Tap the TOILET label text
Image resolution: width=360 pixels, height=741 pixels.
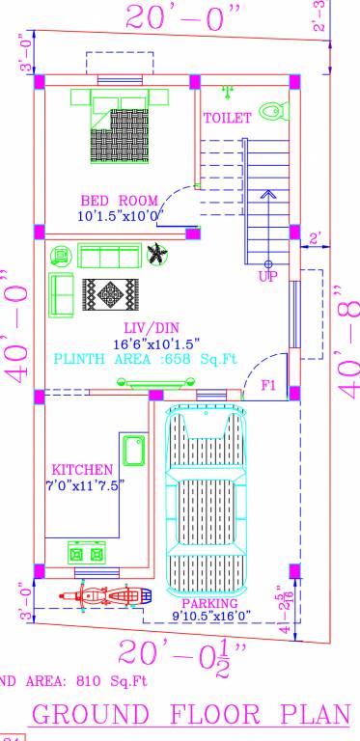click(227, 118)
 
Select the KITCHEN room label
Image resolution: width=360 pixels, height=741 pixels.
click(76, 469)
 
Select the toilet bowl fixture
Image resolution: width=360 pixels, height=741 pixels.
click(273, 112)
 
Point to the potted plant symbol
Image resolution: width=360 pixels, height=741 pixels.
click(156, 255)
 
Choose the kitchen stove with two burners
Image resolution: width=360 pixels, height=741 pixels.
click(84, 553)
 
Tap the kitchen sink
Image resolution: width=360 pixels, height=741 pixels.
click(133, 453)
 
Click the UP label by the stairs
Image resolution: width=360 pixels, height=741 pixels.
click(268, 277)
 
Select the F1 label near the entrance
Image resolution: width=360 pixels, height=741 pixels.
click(270, 385)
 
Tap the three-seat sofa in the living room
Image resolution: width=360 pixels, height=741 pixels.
click(108, 256)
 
